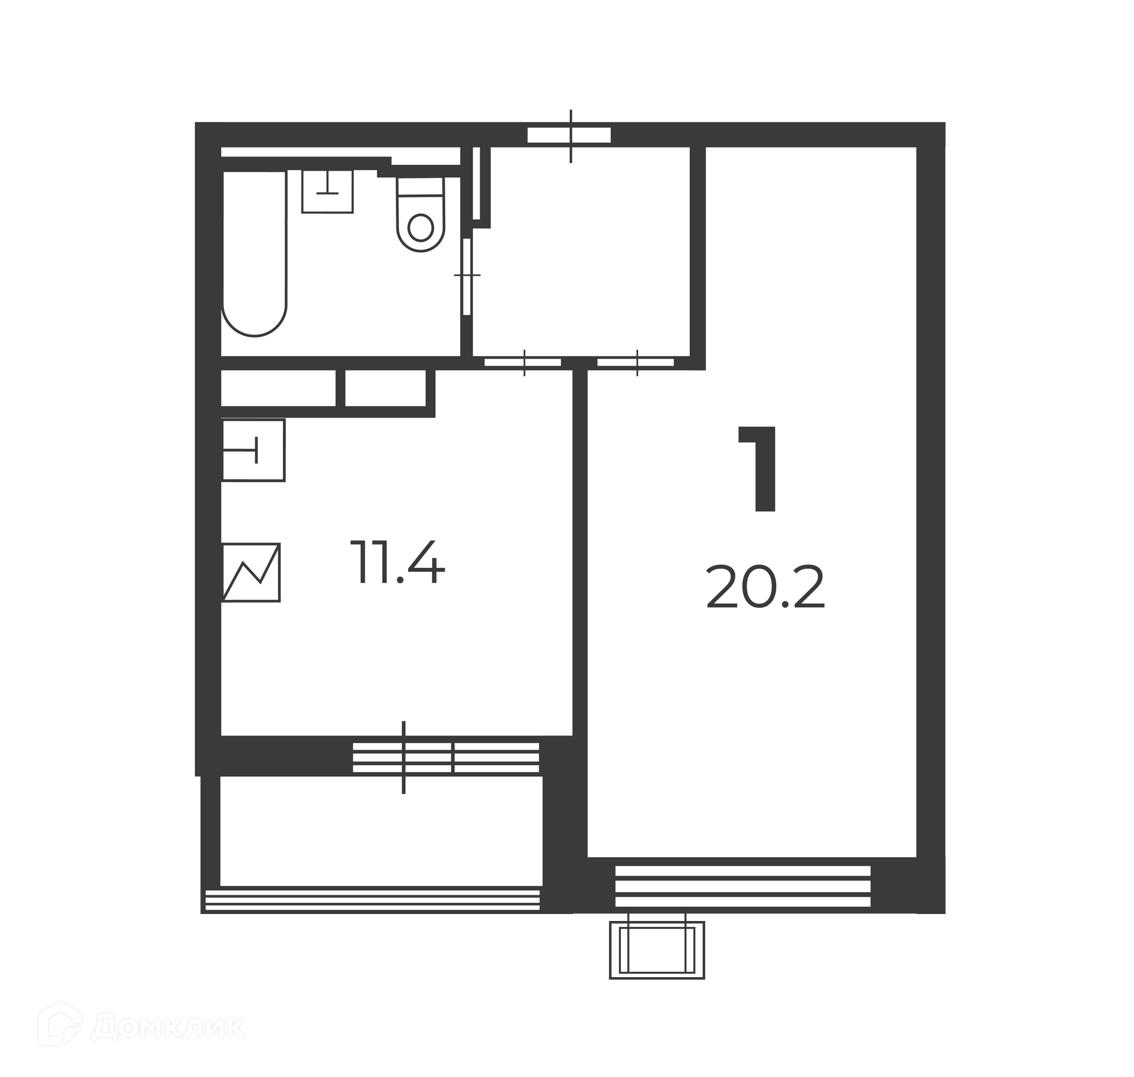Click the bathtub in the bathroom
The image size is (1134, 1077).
pos(255,253)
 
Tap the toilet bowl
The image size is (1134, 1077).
pos(421,214)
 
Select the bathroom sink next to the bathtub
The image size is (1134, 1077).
pos(327,191)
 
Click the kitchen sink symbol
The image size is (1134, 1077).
pos(253,450)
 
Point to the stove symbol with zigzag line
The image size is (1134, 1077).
pos(251,572)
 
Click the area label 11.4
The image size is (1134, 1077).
pos(397,562)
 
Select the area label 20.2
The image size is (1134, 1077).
pos(765,588)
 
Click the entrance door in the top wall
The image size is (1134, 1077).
pos(569,135)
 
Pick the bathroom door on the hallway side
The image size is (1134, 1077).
pos(467,276)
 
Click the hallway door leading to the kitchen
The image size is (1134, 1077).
pos(523,363)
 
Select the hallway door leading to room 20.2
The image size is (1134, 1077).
pos(636,363)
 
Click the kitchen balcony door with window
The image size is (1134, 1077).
pos(446,758)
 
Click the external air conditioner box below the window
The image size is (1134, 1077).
pos(657,946)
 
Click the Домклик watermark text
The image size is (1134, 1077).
pos(168,1027)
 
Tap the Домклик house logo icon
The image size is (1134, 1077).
pos(60,1024)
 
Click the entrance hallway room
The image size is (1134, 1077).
pos(581,252)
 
